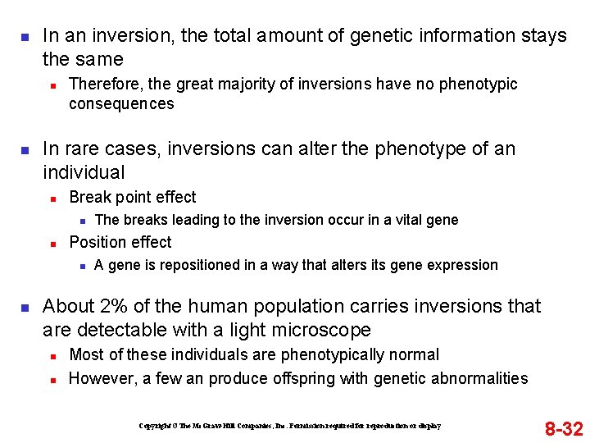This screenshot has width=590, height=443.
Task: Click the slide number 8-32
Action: click(x=564, y=428)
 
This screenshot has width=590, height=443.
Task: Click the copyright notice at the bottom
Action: click(x=290, y=426)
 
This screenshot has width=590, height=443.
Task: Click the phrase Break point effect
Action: click(x=133, y=197)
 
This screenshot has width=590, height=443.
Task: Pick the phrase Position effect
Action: click(x=120, y=242)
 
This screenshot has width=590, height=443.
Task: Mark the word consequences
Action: click(x=121, y=103)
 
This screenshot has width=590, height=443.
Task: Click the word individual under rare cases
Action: click(x=84, y=172)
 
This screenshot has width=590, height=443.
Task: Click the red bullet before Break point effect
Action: click(x=52, y=198)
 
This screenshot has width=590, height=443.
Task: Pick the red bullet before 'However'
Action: click(x=52, y=379)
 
